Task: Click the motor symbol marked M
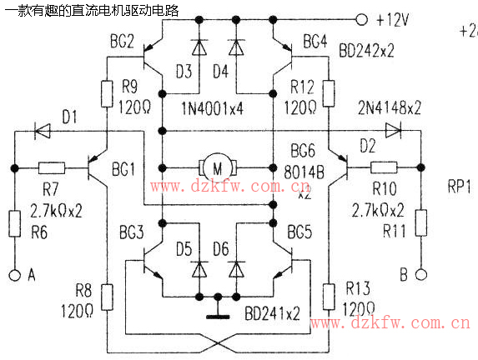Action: [218, 168]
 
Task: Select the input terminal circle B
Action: [422, 275]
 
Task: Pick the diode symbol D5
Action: [199, 268]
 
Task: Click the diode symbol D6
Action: [236, 268]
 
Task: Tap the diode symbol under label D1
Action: [42, 130]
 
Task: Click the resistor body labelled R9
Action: [108, 92]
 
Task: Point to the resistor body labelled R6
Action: [14, 224]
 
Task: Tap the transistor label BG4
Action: [315, 41]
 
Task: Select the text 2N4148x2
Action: [388, 107]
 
